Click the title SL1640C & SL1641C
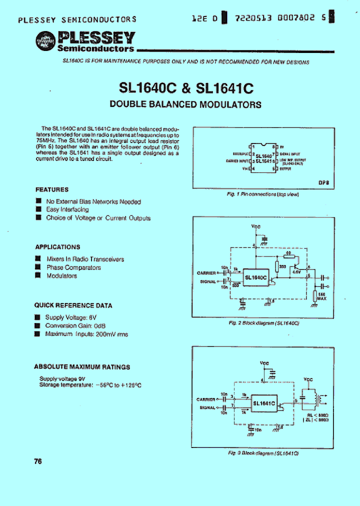(186, 88)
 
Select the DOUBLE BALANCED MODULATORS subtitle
(185, 104)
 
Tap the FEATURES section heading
(52, 190)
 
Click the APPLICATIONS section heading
(57, 247)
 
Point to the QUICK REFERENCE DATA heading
(73, 305)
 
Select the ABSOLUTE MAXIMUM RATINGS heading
(82, 367)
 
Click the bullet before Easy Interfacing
(38, 209)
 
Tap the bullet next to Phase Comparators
(37, 267)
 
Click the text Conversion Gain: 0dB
(75, 325)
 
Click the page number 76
(38, 461)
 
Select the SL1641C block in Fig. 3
(263, 403)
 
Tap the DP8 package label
(323, 183)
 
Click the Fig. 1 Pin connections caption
(262, 194)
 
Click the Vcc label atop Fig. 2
(255, 226)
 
